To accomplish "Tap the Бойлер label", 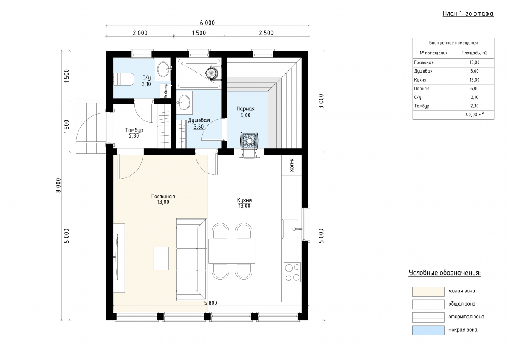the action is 166,91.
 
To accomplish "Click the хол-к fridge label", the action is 292,165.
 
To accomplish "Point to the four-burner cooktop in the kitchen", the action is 292,272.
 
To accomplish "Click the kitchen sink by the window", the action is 291,229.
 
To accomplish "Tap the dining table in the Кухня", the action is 232,251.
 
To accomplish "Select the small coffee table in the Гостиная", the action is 161,259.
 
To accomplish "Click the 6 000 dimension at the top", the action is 207,23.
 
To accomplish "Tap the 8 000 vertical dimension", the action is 59,186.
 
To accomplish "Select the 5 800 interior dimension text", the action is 211,303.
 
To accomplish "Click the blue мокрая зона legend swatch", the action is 428,330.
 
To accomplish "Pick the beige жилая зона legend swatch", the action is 428,292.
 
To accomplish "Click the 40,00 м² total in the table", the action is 475,115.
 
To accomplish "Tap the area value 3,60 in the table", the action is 475,71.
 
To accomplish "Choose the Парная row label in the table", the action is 422,88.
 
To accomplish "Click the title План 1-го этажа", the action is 468,14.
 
